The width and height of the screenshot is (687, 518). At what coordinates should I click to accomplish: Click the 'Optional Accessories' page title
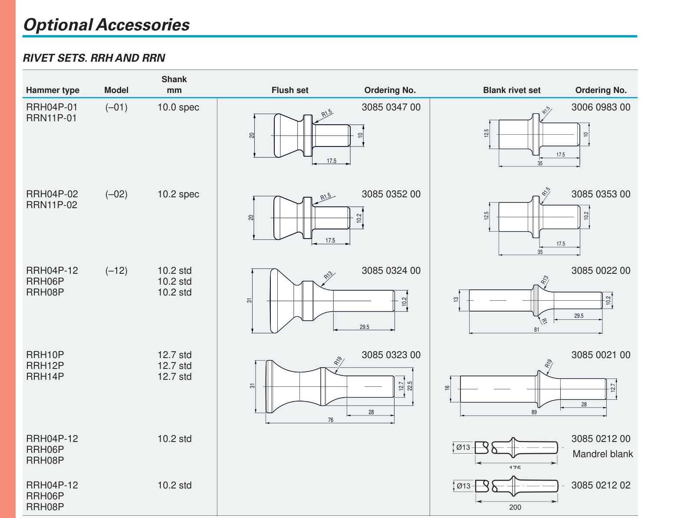coord(106,25)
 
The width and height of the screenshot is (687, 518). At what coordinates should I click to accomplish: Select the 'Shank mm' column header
coord(174,85)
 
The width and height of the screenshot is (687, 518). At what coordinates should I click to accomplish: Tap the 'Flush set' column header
coord(290,90)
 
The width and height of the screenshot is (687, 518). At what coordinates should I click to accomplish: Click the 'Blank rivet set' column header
coord(512,90)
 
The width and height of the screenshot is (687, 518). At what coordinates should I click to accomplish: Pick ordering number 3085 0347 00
coord(391,107)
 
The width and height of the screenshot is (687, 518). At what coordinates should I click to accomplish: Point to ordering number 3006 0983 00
coord(601,107)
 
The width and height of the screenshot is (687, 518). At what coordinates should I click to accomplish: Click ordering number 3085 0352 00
coord(391,194)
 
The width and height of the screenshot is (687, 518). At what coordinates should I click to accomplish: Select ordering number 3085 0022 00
coord(601,270)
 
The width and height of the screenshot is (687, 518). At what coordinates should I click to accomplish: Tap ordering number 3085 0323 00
coord(391,355)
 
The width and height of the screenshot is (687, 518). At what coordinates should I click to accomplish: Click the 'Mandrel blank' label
coord(602,454)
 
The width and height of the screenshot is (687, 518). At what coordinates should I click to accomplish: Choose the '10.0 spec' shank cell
coord(178,107)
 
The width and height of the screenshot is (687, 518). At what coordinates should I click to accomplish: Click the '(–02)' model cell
coord(116,194)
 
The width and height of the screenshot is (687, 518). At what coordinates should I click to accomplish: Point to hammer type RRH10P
coord(45,355)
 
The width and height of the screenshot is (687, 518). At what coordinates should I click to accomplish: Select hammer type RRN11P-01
coord(51,118)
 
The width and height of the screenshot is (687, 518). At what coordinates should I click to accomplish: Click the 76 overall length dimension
coord(331,420)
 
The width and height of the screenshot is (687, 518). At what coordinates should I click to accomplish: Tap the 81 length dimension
coord(536,330)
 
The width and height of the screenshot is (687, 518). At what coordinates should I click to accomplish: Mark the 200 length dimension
coord(515,507)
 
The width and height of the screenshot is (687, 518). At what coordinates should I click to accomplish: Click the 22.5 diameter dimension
coord(410,386)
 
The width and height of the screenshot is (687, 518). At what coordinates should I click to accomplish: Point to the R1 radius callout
coord(544,321)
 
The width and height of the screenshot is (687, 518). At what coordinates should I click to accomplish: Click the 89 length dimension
coord(534,412)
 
